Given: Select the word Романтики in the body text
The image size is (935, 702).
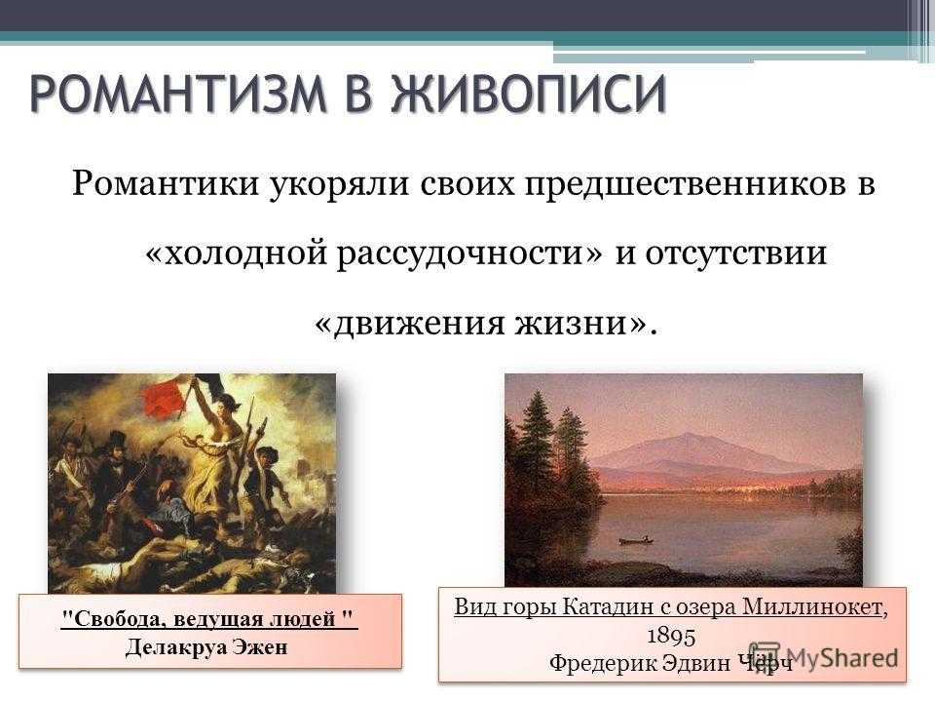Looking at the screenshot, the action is click(166, 184).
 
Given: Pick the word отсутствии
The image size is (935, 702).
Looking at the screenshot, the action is click(735, 253).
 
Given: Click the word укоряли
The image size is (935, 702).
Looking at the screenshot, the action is click(339, 185).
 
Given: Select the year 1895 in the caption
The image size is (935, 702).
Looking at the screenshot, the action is click(671, 636).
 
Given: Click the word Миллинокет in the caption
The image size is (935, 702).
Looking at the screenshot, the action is click(811, 607).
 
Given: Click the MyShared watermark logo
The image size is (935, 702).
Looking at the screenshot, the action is click(824, 657).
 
